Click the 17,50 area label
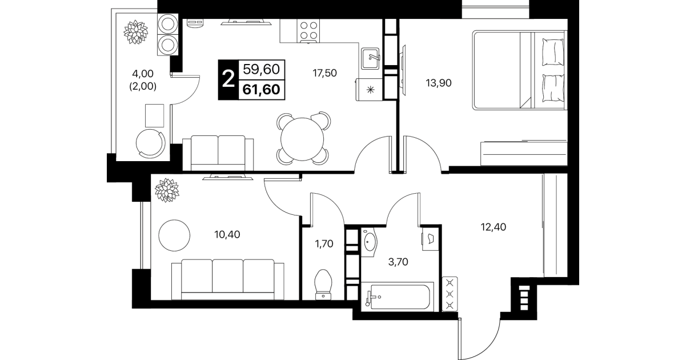pyautogui.click(x=324, y=73)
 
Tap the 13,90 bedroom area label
pyautogui.click(x=439, y=83)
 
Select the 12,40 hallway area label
pyautogui.click(x=494, y=227)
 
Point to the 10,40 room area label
pyautogui.click(x=227, y=235)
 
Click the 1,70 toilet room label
pyautogui.click(x=324, y=244)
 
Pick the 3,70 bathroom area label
pyautogui.click(x=398, y=262)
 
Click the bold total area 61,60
pyautogui.click(x=262, y=90)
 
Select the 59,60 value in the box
pyautogui.click(x=262, y=70)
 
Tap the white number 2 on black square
pyautogui.click(x=228, y=79)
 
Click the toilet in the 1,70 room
pyautogui.click(x=323, y=285)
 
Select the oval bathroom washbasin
pyautogui.click(x=370, y=242)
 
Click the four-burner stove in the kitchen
pyautogui.click(x=308, y=31)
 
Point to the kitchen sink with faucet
pyautogui.click(x=370, y=58)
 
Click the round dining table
pyautogui.click(x=302, y=139)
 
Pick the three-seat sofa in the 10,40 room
pyautogui.click(x=227, y=279)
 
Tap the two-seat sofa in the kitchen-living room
pyautogui.click(x=218, y=153)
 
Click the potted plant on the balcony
pyautogui.click(x=136, y=32)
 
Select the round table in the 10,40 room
pyautogui.click(x=174, y=235)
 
